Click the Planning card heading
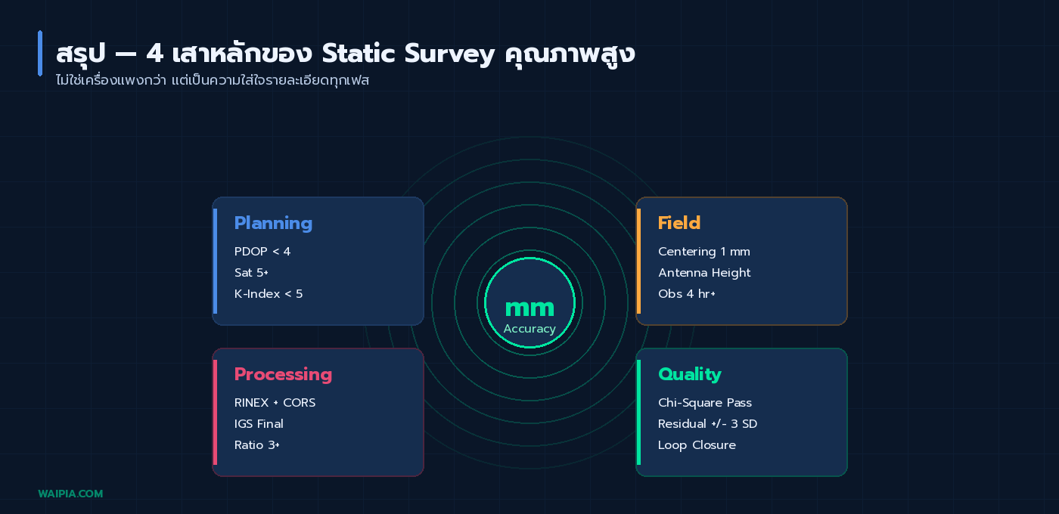click(273, 223)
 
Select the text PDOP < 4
click(262, 252)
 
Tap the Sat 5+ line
click(251, 273)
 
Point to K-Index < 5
click(269, 294)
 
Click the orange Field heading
click(679, 223)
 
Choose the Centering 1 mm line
click(704, 252)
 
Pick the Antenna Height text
click(704, 273)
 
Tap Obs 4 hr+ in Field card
click(687, 294)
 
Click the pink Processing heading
click(283, 374)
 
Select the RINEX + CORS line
click(275, 403)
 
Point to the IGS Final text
click(259, 424)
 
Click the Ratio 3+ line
click(257, 445)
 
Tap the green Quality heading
click(690, 374)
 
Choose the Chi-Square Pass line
click(705, 403)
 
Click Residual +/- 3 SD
click(707, 424)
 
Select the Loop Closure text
click(697, 445)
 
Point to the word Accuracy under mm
click(529, 329)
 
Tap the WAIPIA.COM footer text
click(70, 494)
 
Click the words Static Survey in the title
click(408, 54)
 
